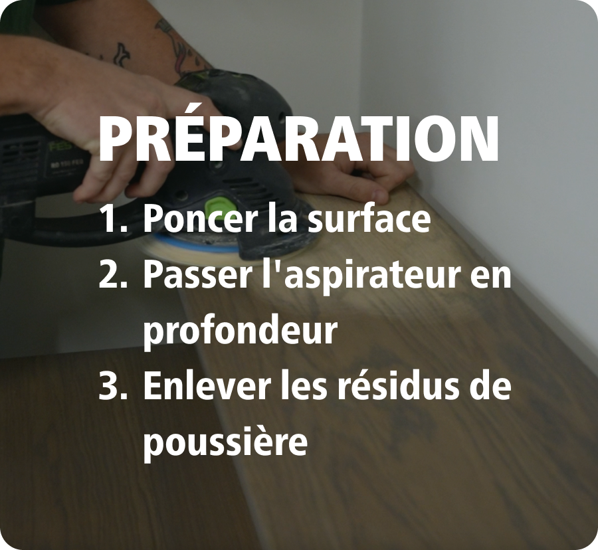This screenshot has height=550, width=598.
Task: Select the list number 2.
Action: pos(113,276)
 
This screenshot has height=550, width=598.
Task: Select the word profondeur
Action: pos(241,329)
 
